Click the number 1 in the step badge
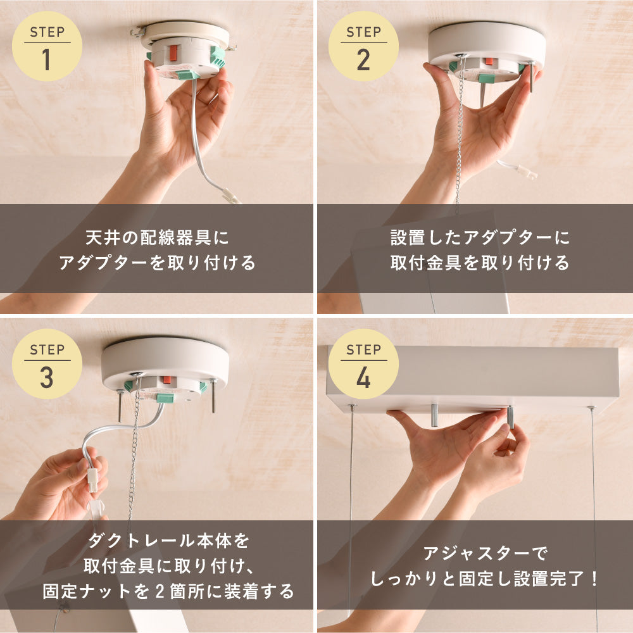46,60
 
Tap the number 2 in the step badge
363,60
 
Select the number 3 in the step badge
46,378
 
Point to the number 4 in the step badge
363,378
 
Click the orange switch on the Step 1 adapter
173,53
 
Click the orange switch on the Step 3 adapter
166,380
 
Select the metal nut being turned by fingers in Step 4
510,418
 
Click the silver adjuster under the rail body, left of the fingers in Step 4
434,415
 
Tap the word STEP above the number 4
363,349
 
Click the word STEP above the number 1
47,32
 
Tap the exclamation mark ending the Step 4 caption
594,579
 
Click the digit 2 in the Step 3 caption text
160,591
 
